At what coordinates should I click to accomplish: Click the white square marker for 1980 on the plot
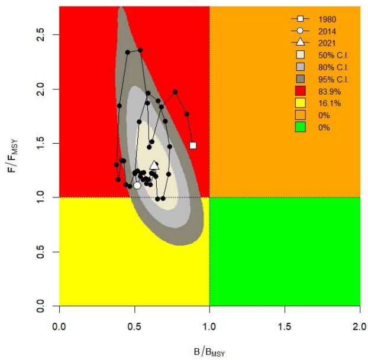pos(192,145)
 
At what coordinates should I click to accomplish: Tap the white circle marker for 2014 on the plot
pos(137,185)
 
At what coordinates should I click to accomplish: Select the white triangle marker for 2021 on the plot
pos(154,166)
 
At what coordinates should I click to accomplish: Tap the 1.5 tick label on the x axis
pos(285,325)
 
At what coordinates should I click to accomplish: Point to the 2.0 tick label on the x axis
pos(360,325)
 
